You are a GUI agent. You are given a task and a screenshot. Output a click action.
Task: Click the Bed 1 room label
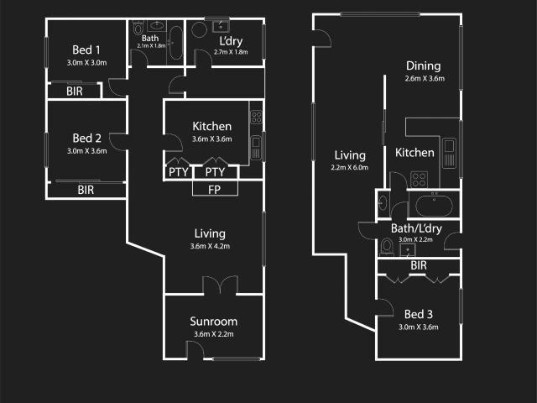tap(86, 50)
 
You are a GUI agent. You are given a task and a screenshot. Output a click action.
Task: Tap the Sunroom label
tap(214, 322)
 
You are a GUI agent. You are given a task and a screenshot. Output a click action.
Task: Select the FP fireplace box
tap(215, 189)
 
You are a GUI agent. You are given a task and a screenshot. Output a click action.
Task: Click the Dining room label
tap(423, 65)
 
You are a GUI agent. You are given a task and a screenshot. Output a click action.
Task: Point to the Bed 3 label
tap(419, 314)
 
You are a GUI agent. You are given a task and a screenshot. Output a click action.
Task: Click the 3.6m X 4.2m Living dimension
tap(210, 246)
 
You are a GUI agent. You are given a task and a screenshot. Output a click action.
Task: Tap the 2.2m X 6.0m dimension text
tap(349, 168)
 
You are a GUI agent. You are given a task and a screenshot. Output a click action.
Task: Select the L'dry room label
tap(231, 41)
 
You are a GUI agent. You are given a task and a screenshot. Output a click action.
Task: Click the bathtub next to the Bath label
tap(176, 43)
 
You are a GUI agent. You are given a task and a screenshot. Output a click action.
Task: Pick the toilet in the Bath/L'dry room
tap(387, 247)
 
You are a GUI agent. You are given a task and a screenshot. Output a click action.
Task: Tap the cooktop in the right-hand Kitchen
tap(420, 180)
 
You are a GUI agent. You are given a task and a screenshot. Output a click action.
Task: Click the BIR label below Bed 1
tap(75, 92)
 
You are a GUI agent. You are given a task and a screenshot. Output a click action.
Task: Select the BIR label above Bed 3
tap(419, 265)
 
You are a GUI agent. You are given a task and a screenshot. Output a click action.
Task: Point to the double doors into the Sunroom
tap(220, 285)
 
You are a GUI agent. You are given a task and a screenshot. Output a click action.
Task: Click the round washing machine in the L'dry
tap(199, 30)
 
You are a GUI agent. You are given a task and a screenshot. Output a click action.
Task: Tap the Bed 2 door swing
tap(117, 142)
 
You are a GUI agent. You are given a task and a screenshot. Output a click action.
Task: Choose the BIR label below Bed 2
tap(86, 190)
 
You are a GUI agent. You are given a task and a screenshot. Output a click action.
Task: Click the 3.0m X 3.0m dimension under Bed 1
tap(86, 63)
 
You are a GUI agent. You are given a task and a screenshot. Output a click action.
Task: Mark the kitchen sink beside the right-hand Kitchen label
tap(450, 153)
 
